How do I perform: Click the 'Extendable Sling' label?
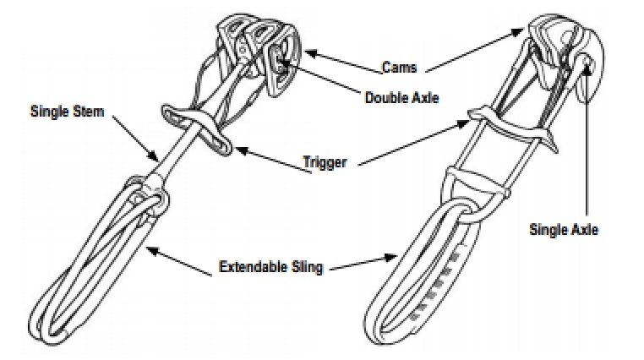coord(270,268)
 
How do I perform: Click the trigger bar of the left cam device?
coord(194,129)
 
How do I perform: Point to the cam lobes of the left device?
coord(254,51)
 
